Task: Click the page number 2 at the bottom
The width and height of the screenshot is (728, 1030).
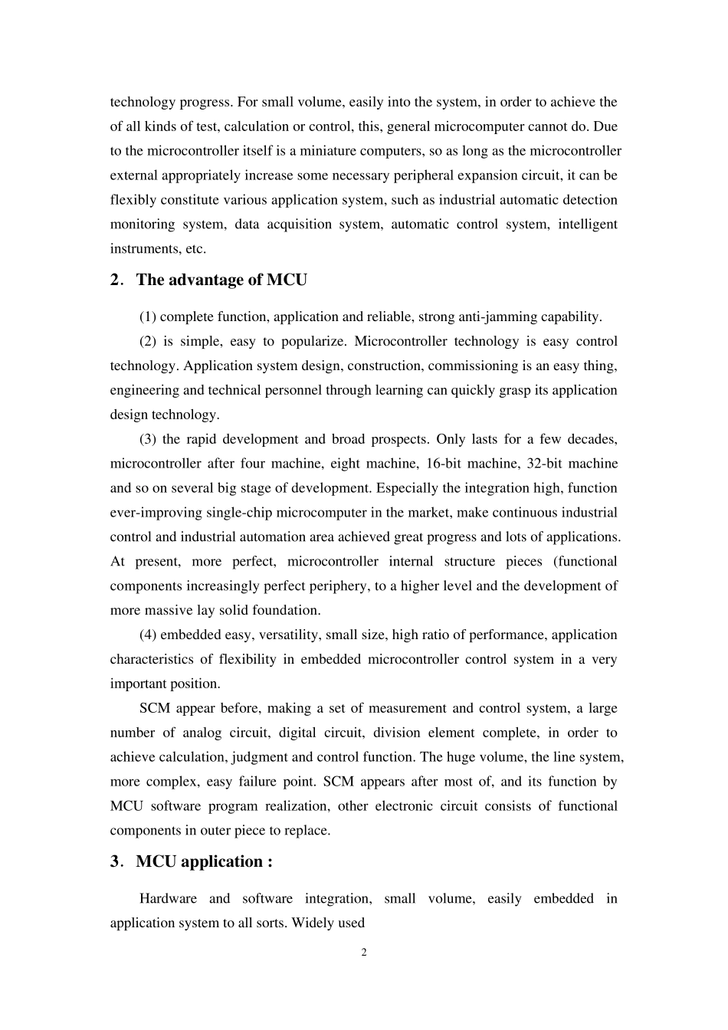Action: point(364,953)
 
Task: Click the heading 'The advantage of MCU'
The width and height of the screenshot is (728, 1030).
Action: point(221,280)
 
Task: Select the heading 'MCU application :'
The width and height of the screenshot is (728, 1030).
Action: point(204,861)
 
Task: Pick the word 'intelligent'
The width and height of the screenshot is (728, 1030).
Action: point(588,225)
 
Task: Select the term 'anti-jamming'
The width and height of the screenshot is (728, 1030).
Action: point(496,317)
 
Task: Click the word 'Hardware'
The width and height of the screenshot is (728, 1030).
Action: point(168,898)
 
